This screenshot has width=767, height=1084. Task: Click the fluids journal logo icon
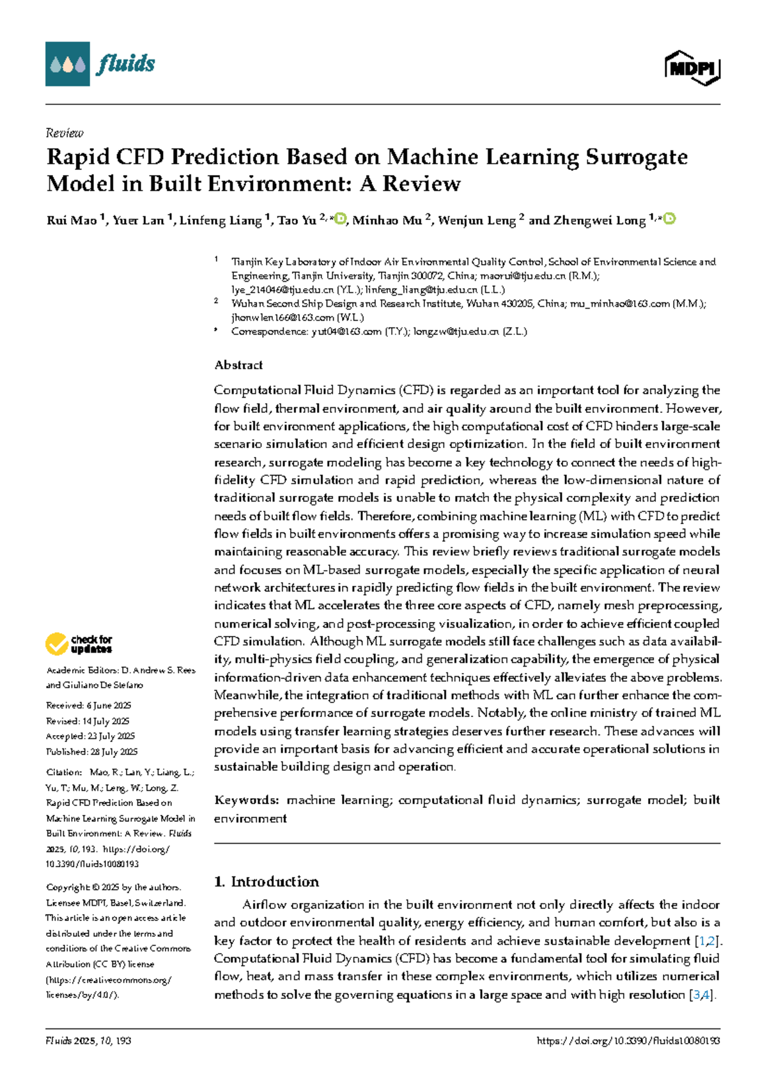pos(67,64)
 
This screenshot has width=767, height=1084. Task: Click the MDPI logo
pos(692,68)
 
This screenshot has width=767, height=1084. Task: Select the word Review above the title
pos(65,133)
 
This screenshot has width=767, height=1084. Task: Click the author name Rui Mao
pos(71,221)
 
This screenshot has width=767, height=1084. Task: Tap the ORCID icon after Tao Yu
pos(341,219)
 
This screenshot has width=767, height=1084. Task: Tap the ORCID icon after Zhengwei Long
pos(669,219)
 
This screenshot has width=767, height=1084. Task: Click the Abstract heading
pos(238,365)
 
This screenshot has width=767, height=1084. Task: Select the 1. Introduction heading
pos(267,881)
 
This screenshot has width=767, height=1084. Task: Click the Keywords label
pos(246,800)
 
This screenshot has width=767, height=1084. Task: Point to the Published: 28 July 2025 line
pos(91,752)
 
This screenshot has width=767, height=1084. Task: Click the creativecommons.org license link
pos(109,980)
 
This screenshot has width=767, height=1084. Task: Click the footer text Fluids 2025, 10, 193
pos(88,1041)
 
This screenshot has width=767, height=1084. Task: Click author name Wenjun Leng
pos(477,221)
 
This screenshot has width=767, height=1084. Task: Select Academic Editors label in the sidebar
pos(82,670)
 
